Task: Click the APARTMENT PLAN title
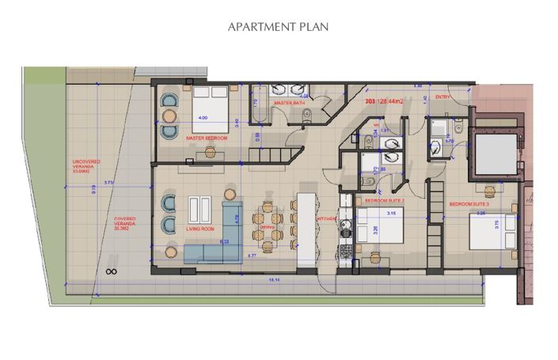(x=278, y=26)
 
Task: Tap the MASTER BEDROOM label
(x=207, y=138)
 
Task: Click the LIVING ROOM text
(x=201, y=229)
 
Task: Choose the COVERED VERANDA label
(x=124, y=221)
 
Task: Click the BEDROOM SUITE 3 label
(x=470, y=204)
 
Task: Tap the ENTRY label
(x=442, y=97)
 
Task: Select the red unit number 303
(x=370, y=102)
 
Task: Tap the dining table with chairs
(x=267, y=224)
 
